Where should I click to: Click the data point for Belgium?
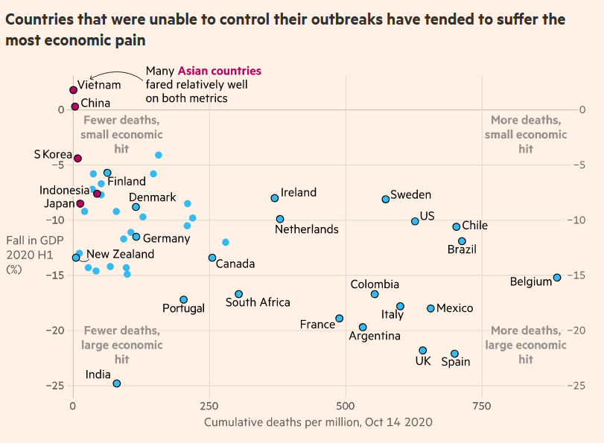[x=557, y=278]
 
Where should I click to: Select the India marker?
[x=117, y=383]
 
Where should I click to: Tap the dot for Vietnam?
[x=73, y=90]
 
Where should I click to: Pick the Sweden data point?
[x=386, y=199]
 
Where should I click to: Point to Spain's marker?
[x=455, y=354]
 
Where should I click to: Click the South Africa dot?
[x=238, y=294]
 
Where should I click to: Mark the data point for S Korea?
[x=77, y=158]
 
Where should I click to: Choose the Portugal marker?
[x=183, y=299]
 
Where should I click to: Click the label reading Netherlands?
[x=307, y=229]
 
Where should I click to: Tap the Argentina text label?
[x=375, y=336]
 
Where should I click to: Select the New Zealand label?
[x=121, y=254]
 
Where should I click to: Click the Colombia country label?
[x=375, y=284]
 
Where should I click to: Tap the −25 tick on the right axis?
[x=577, y=386]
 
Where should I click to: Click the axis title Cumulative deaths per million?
[x=318, y=422]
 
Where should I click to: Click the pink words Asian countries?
[x=220, y=71]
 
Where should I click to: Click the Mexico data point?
[x=430, y=308]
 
